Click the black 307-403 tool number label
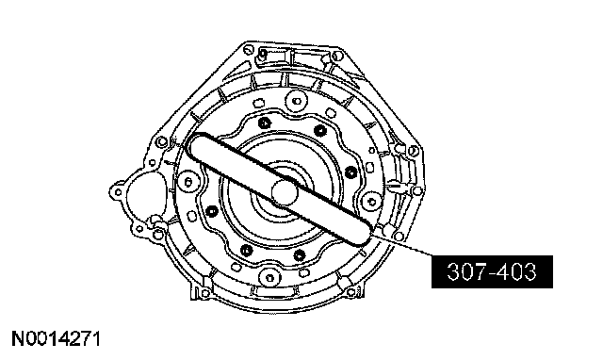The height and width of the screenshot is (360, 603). (x=492, y=271)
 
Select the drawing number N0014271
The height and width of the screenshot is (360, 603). (x=57, y=339)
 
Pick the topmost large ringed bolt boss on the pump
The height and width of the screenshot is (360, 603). (x=297, y=101)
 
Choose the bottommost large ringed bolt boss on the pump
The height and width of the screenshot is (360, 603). (x=269, y=278)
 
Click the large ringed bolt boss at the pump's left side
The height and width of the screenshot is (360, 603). (x=188, y=182)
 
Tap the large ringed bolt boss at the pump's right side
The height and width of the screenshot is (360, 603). (x=371, y=201)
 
